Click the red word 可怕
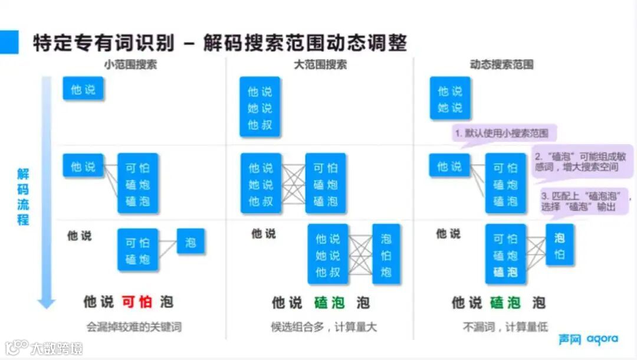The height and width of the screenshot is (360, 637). point(137,302)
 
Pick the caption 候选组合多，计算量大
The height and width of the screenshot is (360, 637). point(324,326)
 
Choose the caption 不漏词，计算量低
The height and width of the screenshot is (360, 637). point(505,326)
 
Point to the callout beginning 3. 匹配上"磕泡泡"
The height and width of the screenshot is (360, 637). point(585,201)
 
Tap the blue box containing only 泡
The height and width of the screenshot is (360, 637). point(191,242)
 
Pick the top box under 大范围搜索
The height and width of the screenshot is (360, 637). point(260,108)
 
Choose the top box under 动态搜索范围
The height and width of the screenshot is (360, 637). point(450,99)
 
